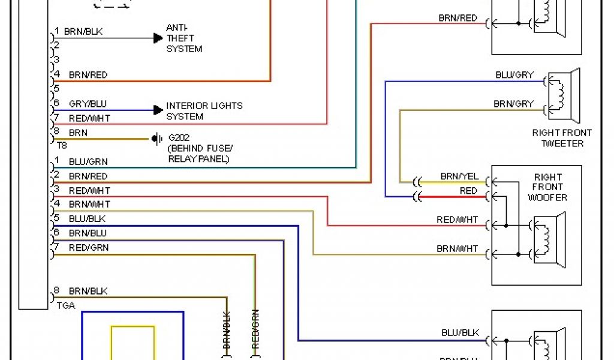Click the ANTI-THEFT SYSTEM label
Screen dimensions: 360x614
pyautogui.click(x=184, y=38)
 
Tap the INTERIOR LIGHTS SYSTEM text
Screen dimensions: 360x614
pyautogui.click(x=204, y=111)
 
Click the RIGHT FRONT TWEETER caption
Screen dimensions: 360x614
pyautogui.click(x=562, y=138)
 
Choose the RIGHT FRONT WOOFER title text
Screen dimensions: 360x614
pyautogui.click(x=548, y=187)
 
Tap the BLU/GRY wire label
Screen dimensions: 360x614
pyautogui.click(x=514, y=75)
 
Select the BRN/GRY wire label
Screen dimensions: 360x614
pyautogui.click(x=513, y=104)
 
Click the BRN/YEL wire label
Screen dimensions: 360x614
pyautogui.click(x=459, y=176)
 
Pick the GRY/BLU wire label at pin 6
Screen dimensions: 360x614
pyautogui.click(x=88, y=104)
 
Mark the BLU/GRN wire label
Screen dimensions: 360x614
pyautogui.click(x=88, y=161)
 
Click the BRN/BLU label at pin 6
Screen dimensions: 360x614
pyautogui.click(x=88, y=233)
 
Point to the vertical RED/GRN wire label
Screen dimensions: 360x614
pyautogui.click(x=255, y=329)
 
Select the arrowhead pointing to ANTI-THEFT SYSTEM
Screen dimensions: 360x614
pyautogui.click(x=158, y=38)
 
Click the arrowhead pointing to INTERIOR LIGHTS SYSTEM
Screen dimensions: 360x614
pyautogui.click(x=158, y=110)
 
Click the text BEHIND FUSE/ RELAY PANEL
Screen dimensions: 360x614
pyautogui.click(x=200, y=154)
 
